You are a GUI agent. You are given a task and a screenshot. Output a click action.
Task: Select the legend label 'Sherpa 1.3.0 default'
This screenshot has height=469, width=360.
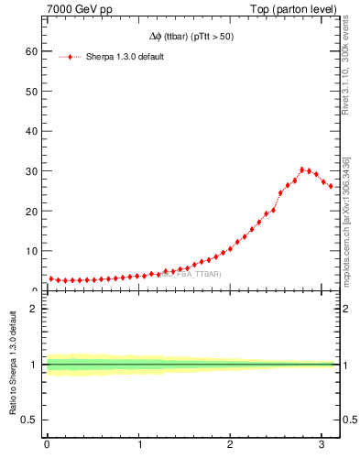click(x=124, y=57)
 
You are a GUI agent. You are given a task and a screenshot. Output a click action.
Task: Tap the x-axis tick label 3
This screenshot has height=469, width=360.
click(x=321, y=446)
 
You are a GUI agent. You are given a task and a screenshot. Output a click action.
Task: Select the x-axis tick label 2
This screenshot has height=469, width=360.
click(x=230, y=446)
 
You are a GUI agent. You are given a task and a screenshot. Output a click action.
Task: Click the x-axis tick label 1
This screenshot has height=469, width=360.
click(x=139, y=446)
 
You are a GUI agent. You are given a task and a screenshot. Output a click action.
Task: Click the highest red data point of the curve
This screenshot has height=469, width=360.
click(x=302, y=169)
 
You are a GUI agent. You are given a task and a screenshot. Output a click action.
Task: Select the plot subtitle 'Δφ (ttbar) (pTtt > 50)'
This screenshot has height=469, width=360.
click(x=190, y=37)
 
